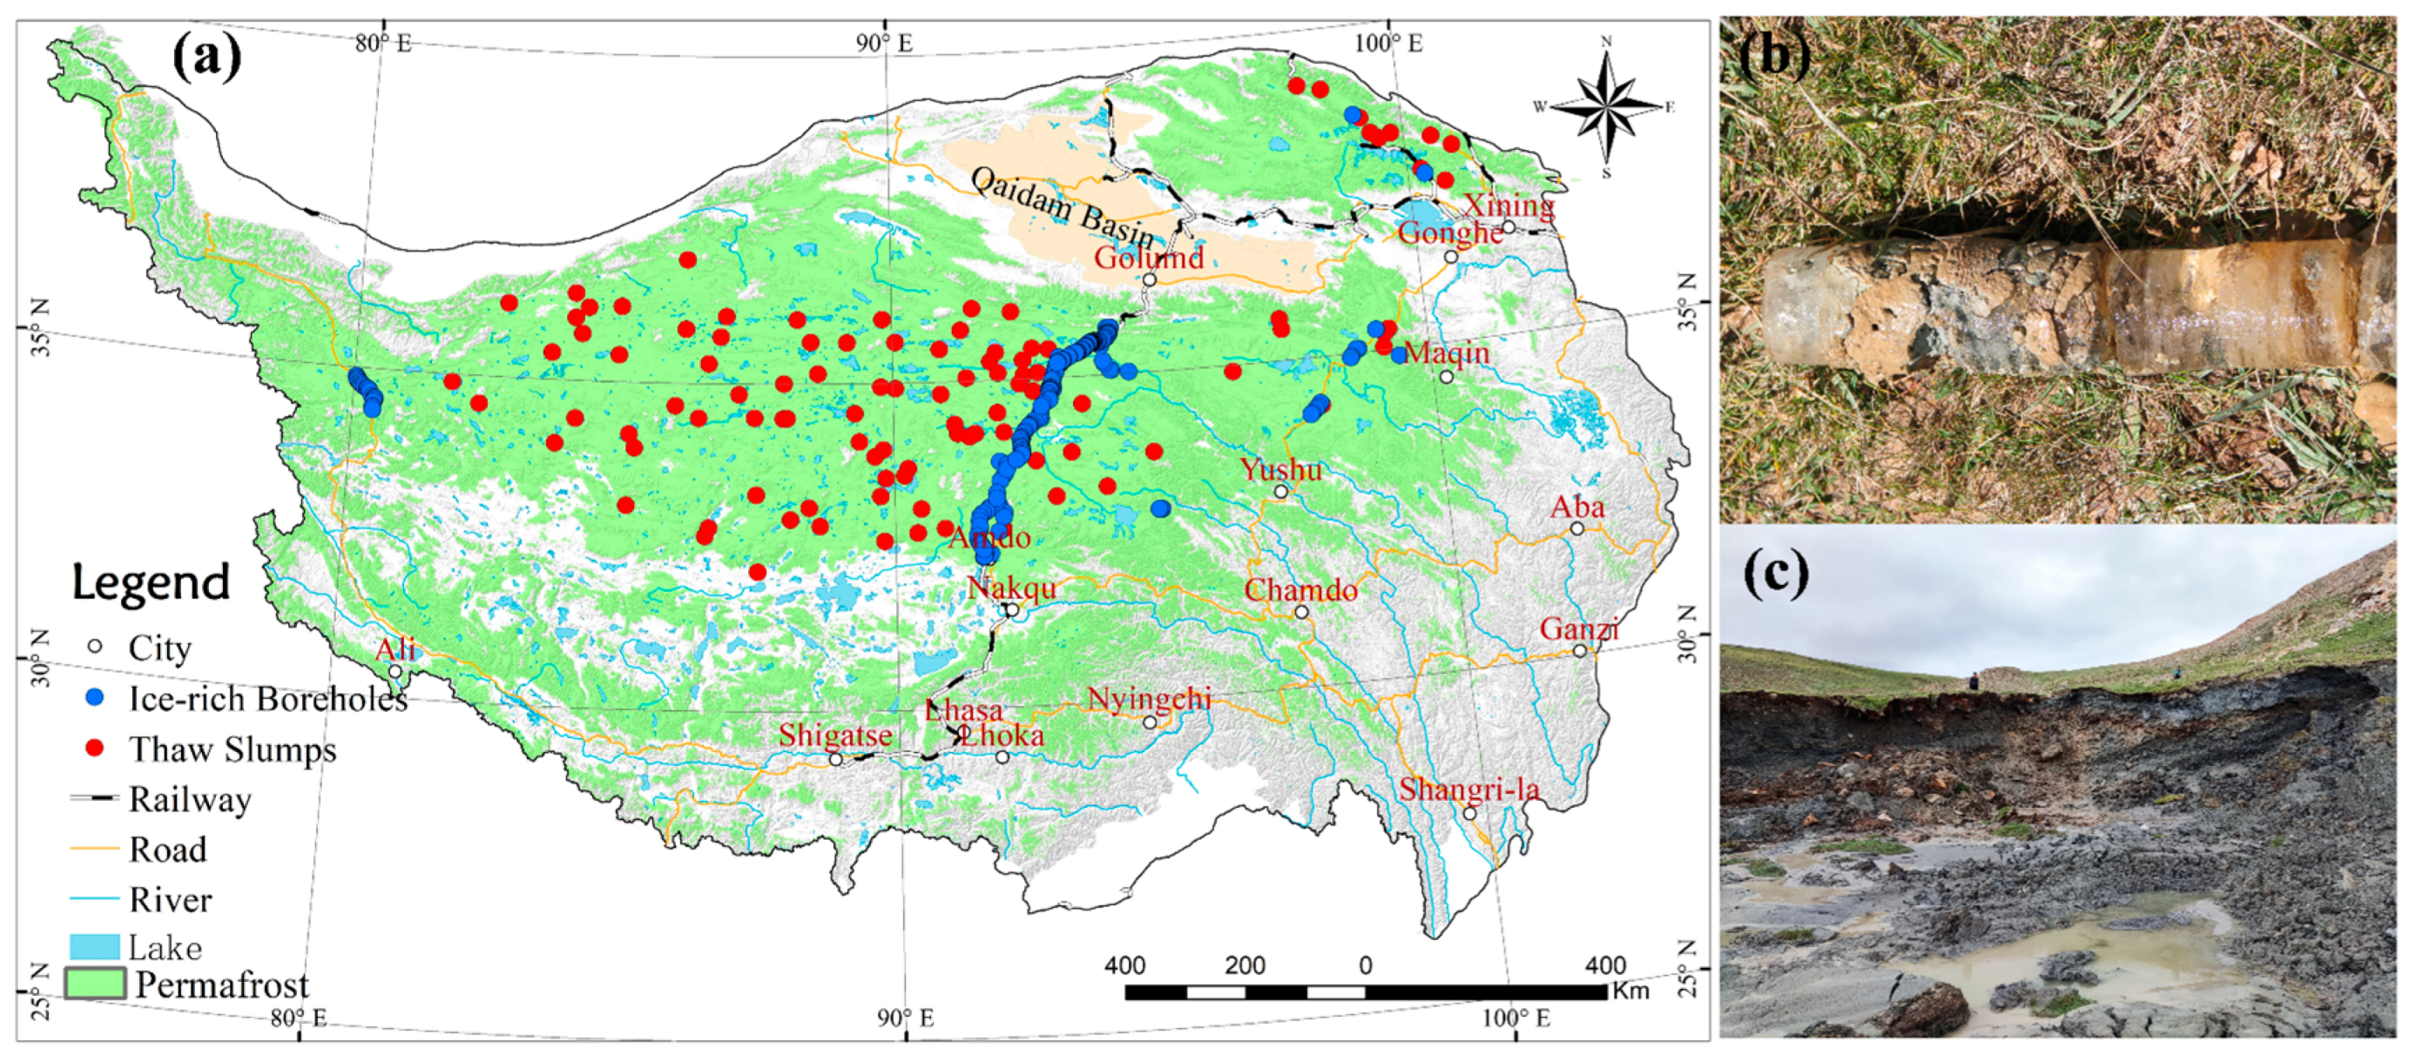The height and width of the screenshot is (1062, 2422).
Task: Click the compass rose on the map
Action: tap(1606, 106)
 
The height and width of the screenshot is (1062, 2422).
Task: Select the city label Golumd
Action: tap(1148, 258)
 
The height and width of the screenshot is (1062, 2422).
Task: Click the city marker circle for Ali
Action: tap(395, 671)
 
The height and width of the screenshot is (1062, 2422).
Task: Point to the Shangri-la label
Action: tap(1468, 789)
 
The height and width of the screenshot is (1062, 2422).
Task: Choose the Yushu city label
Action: tap(1280, 469)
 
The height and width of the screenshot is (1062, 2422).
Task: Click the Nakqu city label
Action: tap(1012, 588)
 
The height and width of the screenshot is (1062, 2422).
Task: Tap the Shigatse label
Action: tap(835, 735)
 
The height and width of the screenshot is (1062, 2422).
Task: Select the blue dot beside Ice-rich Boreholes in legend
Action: tap(94, 698)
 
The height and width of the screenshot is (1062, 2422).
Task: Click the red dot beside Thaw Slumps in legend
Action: tap(94, 748)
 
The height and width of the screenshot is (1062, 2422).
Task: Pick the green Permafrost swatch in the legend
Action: tap(95, 983)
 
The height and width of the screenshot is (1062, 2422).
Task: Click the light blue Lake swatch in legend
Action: tap(95, 945)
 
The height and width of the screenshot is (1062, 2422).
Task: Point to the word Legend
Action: tap(151, 582)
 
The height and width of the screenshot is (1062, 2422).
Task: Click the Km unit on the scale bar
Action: tap(1630, 991)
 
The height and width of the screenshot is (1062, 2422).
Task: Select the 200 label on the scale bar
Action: tap(1245, 965)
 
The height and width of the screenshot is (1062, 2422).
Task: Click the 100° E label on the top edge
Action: tap(1390, 43)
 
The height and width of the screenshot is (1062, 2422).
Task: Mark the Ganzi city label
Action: tap(1579, 628)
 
